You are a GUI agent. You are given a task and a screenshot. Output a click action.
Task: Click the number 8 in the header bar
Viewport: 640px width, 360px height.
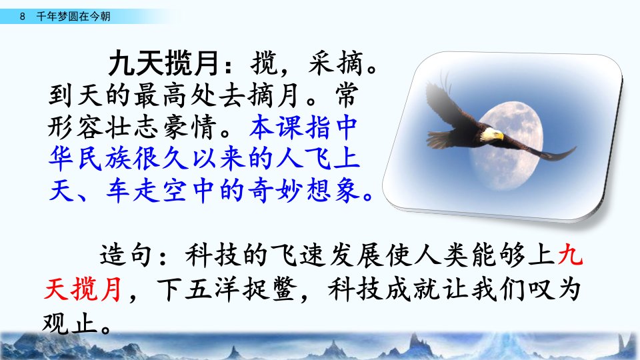22,16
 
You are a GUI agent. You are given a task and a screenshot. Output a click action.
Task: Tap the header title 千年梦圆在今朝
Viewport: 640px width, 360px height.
73,16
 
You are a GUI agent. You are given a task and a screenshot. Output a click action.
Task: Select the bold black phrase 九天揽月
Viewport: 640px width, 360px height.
164,63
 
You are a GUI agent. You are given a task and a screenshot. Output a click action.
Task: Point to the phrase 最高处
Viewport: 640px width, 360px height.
174,95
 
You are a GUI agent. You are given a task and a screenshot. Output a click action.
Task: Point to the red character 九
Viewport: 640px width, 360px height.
570,255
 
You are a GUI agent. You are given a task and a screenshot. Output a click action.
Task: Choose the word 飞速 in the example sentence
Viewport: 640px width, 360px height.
297,255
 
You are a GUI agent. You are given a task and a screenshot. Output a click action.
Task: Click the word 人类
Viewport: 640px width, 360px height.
441,255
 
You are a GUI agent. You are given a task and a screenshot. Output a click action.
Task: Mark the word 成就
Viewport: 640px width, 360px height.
411,289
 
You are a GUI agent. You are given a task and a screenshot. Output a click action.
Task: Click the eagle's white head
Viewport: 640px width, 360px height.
491,134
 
